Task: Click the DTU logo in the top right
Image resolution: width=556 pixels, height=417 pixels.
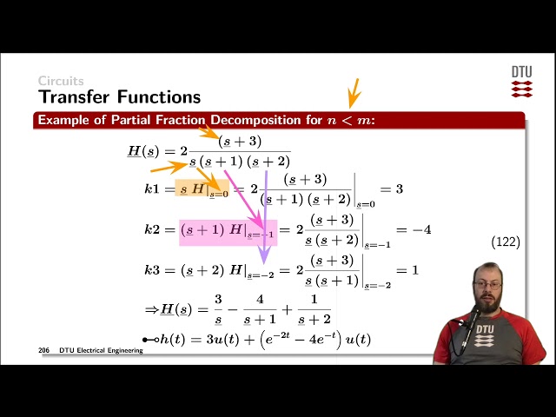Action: (521, 81)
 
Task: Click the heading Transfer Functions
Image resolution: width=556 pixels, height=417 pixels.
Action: (119, 96)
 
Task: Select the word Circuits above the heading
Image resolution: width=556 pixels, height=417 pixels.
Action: (60, 81)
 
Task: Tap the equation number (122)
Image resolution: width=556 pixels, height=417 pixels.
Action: (506, 242)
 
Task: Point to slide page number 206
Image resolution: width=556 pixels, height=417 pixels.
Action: (43, 350)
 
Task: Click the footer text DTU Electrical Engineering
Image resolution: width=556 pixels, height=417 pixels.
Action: (102, 350)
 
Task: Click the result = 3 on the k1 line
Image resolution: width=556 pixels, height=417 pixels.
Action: (393, 189)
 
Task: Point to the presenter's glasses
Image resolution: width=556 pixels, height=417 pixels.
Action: (486, 284)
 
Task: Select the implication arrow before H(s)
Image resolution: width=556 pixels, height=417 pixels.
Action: (150, 309)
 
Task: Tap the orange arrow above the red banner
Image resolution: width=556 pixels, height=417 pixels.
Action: (353, 91)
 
